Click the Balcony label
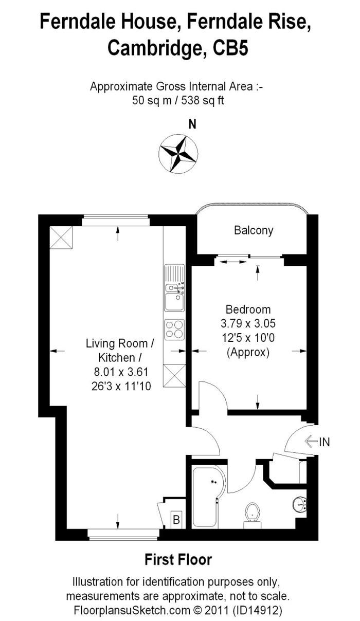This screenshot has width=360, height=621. coord(254,230)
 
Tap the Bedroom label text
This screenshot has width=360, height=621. coord(248,309)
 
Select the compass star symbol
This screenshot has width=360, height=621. coord(178,154)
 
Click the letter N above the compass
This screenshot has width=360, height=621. coord(192,124)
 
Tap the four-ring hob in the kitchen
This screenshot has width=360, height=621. coord(174,330)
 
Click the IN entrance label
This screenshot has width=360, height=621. coord(325,442)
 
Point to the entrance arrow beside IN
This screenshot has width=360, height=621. coord(311,442)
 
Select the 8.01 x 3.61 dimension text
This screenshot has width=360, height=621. coord(121,372)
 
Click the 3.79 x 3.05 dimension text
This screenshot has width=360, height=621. coord(248,323)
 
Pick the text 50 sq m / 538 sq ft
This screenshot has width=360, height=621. coord(178,100)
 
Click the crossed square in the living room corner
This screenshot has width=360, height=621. coord(61,238)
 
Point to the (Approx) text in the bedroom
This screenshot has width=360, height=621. coord(248,353)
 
